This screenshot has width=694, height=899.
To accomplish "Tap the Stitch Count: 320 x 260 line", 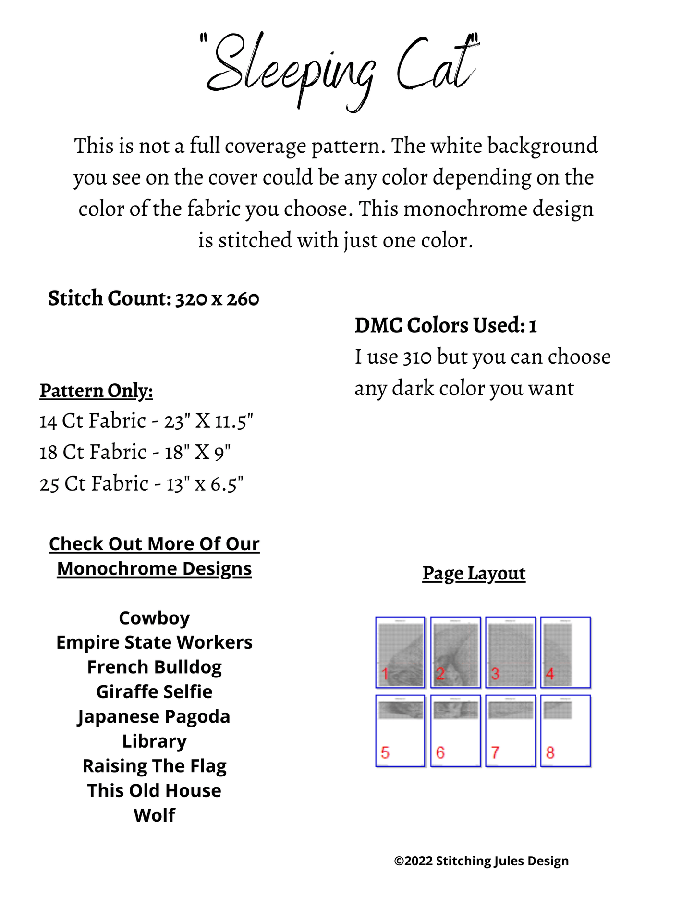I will (153, 298).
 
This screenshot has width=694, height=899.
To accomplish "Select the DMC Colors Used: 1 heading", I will (445, 325).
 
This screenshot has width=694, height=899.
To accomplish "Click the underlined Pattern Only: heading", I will (96, 391).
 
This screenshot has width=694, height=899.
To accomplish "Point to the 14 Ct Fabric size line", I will (146, 421).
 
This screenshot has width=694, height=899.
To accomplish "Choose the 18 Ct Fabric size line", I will (135, 453).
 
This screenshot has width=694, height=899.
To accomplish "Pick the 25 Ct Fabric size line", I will (142, 484).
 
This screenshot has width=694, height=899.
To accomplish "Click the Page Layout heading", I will (474, 573).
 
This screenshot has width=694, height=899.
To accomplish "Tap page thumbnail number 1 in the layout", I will (400, 652).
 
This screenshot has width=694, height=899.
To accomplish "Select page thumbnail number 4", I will (565, 652).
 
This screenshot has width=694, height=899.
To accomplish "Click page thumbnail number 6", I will (455, 730).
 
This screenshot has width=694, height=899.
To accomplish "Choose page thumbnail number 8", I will (565, 730).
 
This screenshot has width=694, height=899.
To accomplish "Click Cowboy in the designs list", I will (154, 618).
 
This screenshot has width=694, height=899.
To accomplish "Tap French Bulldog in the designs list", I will (154, 667).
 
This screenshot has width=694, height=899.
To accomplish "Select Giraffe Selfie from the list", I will (154, 692).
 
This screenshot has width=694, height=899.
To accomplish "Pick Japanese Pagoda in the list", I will (154, 717).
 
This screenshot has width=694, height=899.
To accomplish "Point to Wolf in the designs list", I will (154, 815).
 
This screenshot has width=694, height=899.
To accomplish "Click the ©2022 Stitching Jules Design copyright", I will (481, 861).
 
